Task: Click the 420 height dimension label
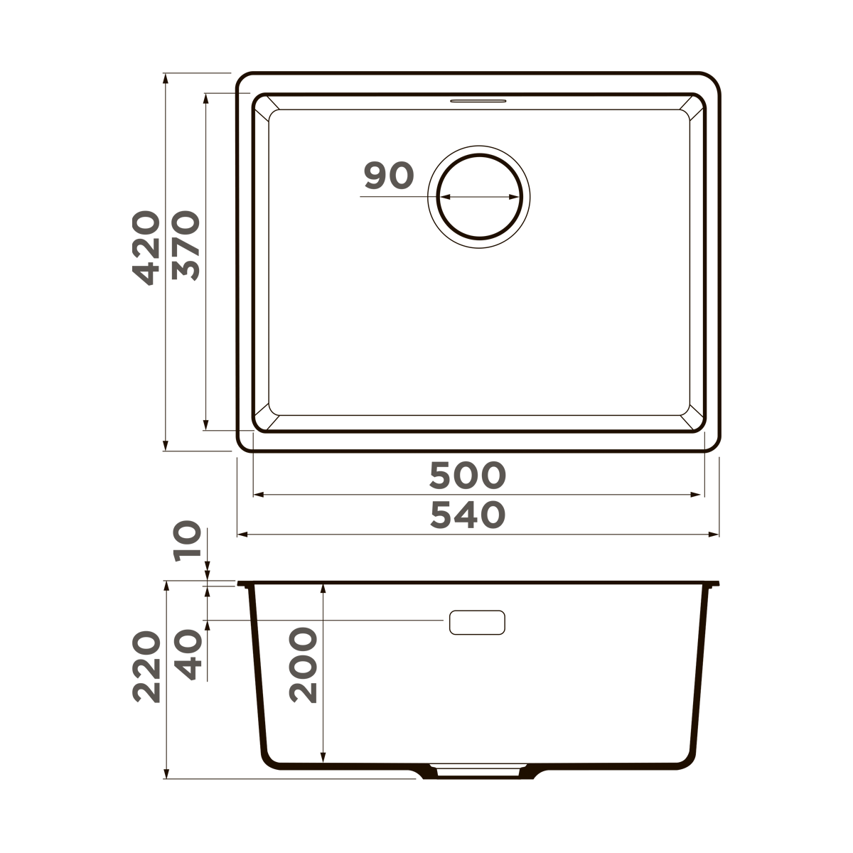point(147,247)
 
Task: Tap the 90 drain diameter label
point(388,176)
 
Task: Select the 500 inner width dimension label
point(467,476)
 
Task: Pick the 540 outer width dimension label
point(467,515)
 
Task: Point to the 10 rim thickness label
point(188,542)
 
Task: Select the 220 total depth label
point(147,666)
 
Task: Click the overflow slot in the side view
point(477,622)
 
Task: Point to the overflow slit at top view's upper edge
point(478,101)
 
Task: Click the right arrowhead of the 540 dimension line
point(714,534)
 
